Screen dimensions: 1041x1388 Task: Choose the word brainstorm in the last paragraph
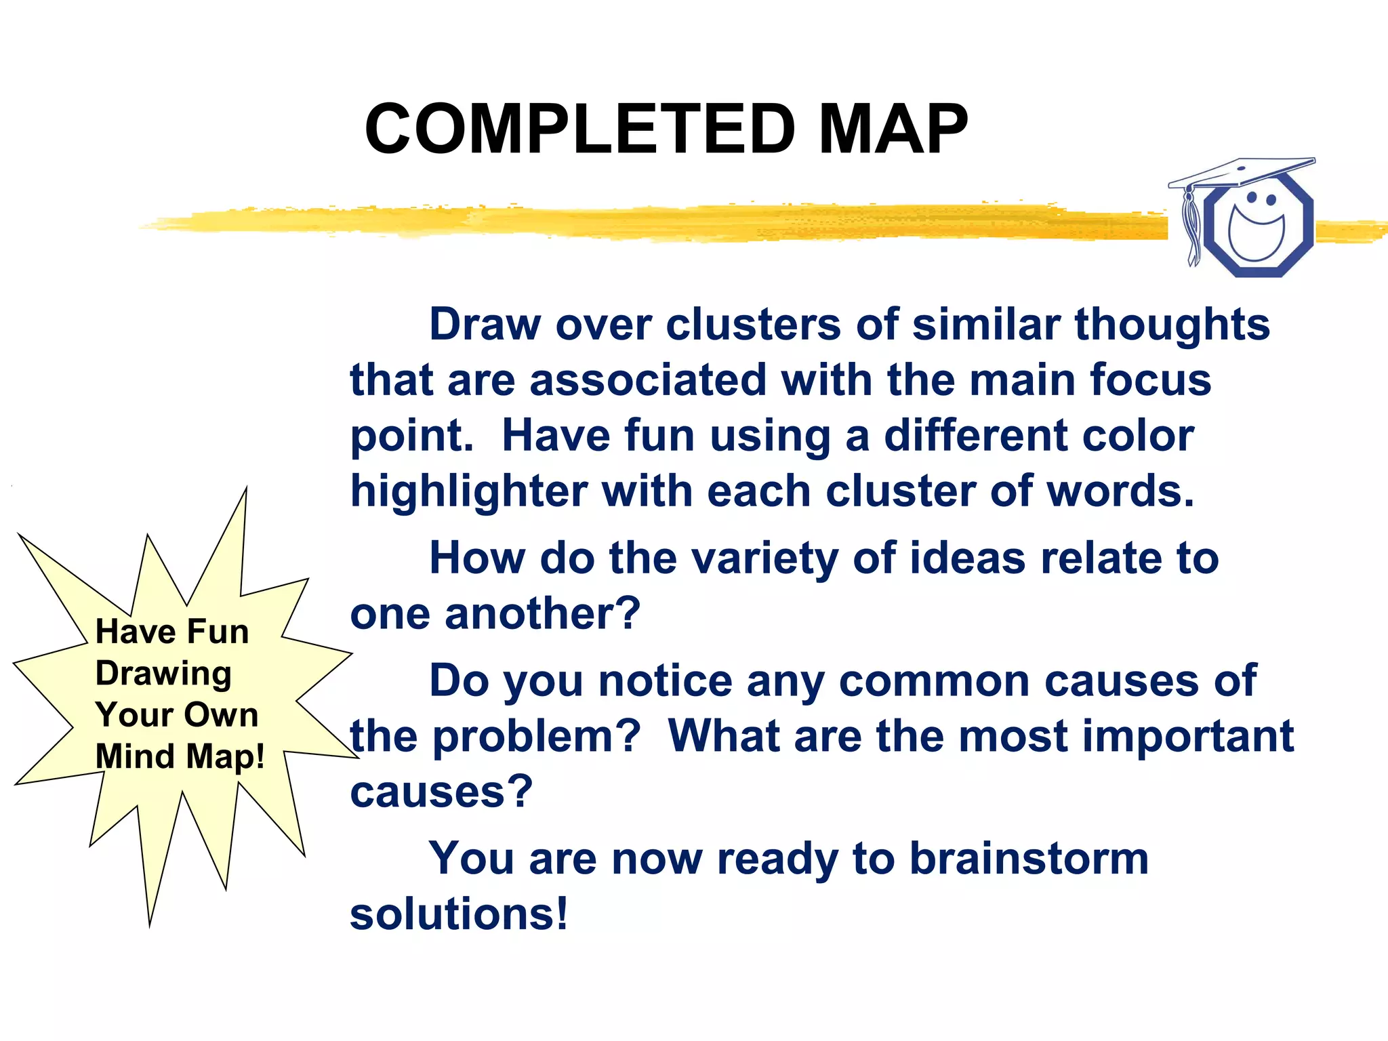click(1028, 859)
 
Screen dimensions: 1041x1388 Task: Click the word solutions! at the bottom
click(459, 914)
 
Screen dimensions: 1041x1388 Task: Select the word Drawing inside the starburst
click(163, 674)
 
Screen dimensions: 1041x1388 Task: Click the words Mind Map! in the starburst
click(180, 756)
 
